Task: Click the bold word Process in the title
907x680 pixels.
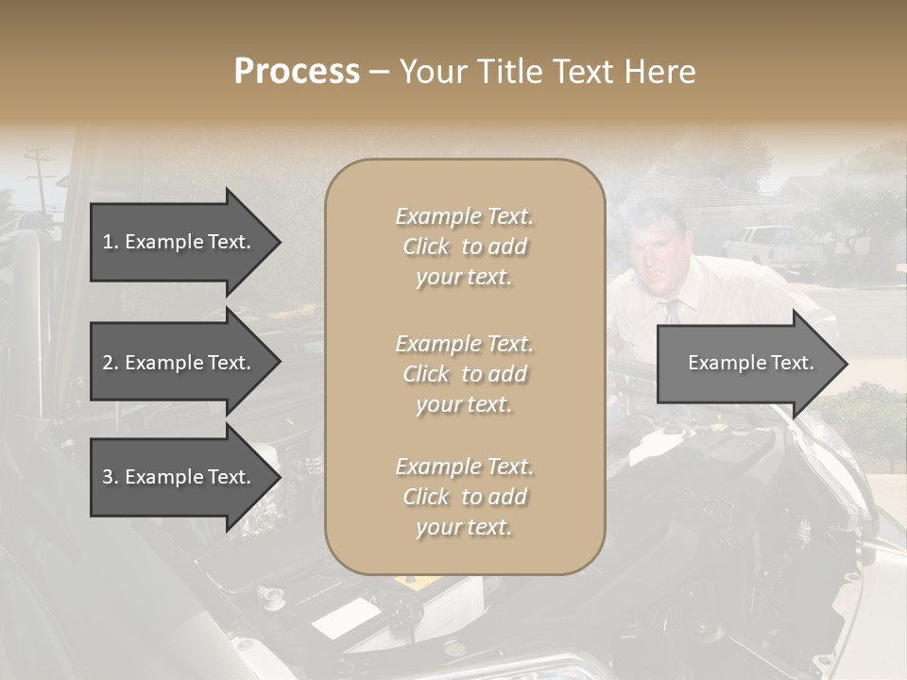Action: point(297,72)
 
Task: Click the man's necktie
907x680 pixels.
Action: point(672,313)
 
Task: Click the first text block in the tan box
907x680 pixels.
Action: point(464,246)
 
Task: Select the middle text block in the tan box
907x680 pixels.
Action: point(464,374)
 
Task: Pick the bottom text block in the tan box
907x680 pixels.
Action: point(464,497)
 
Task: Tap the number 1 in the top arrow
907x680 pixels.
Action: point(108,242)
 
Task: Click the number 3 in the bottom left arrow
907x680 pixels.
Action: point(108,477)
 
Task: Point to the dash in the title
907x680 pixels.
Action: point(380,73)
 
